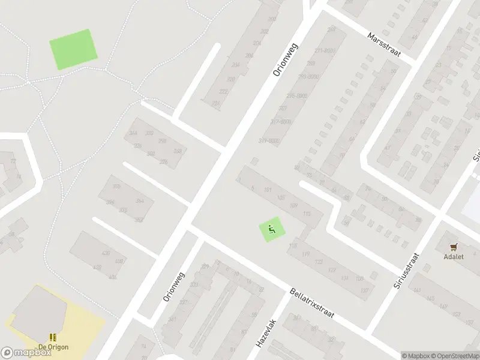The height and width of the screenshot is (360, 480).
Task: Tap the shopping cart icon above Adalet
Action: click(x=454, y=246)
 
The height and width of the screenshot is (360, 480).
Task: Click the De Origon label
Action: click(x=53, y=347)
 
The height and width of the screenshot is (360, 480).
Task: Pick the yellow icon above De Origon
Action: click(x=53, y=338)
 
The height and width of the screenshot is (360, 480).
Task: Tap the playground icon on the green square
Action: click(x=272, y=229)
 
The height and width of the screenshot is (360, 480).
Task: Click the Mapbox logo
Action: click(x=26, y=353)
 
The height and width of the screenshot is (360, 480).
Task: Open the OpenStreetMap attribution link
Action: click(x=456, y=356)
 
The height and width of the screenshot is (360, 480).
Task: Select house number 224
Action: click(x=215, y=103)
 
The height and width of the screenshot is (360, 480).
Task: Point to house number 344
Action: click(x=133, y=133)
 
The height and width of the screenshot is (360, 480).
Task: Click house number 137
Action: click(x=364, y=290)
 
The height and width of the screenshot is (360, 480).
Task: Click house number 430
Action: click(x=106, y=253)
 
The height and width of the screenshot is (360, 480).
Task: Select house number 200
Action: click(x=255, y=20)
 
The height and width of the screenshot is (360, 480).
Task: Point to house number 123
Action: click(x=319, y=262)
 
